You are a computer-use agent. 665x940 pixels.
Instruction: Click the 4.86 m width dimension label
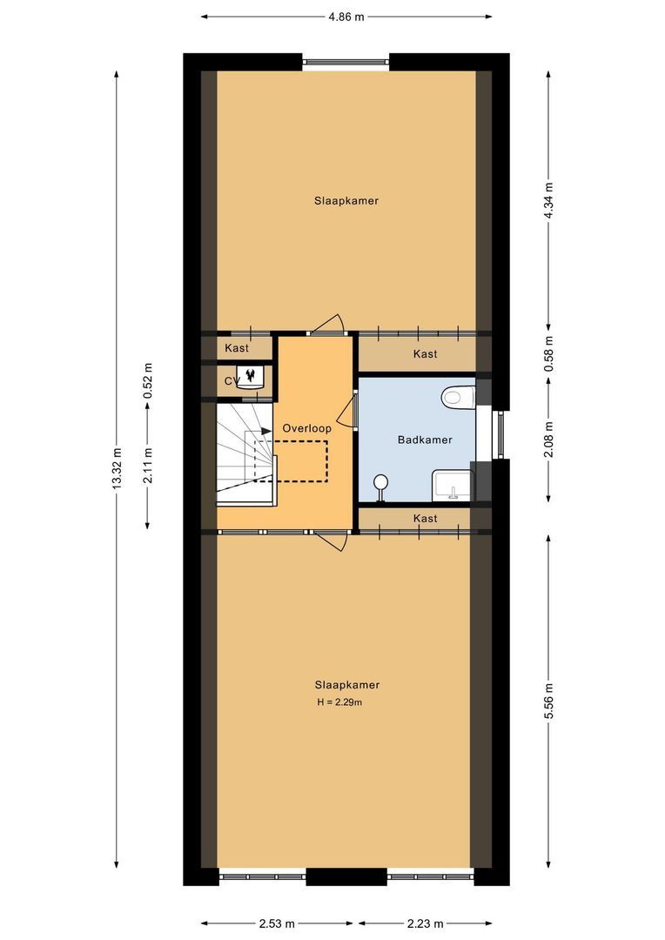[x=346, y=16]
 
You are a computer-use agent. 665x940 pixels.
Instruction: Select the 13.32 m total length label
[x=117, y=470]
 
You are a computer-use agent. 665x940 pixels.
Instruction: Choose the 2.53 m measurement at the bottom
[x=278, y=923]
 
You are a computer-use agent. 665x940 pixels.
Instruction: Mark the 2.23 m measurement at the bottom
[x=425, y=923]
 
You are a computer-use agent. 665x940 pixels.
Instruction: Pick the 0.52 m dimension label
[x=147, y=379]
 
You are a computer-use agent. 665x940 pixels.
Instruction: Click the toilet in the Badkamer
[x=456, y=398]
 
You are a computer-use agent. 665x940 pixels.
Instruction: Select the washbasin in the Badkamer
[x=452, y=484]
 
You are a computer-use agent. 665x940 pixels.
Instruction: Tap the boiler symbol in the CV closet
[x=252, y=377]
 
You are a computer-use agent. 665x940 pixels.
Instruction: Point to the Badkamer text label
[x=425, y=440]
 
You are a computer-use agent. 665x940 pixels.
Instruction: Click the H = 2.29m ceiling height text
[x=339, y=702]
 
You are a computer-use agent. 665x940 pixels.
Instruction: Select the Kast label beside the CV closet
[x=237, y=348]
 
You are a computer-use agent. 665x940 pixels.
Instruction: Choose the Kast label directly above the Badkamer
[x=425, y=354]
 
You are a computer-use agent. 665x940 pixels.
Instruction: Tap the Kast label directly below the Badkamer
[x=425, y=518]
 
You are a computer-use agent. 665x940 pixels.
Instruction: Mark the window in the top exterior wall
[x=346, y=62]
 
